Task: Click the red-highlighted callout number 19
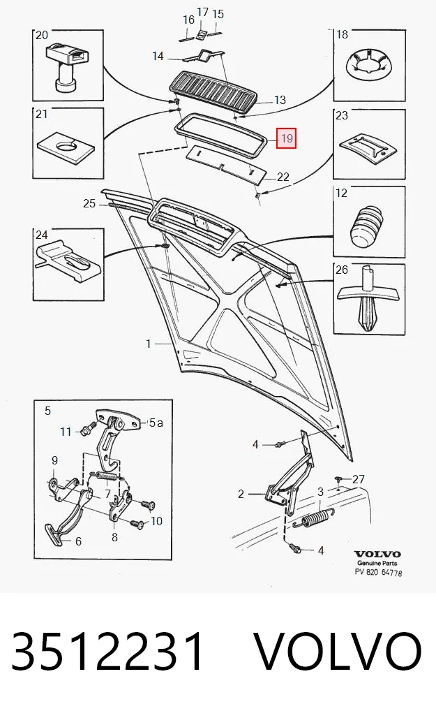click(286, 138)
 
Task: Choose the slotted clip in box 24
click(68, 261)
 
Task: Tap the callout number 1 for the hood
click(148, 344)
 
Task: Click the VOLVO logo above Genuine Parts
click(377, 554)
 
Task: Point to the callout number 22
click(283, 177)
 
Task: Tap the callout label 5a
click(156, 423)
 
